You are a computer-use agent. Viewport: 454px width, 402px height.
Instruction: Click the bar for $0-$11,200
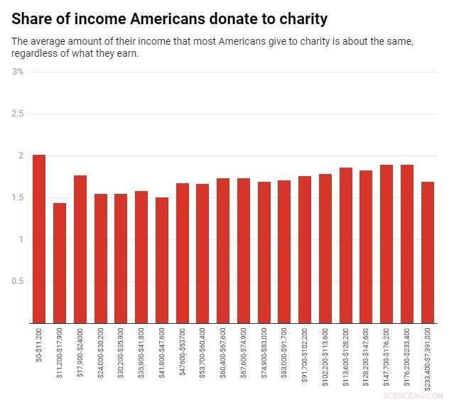[39, 239]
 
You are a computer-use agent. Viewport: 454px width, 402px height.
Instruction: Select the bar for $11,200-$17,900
[60, 263]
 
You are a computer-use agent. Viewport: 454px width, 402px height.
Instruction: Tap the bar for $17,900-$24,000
[80, 249]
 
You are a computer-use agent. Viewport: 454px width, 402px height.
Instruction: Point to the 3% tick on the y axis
[18, 72]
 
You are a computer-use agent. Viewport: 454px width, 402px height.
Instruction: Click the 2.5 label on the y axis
[17, 114]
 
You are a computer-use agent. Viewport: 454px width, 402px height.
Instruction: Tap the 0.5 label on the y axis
[17, 281]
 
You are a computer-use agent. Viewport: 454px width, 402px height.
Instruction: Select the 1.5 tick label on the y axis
[17, 197]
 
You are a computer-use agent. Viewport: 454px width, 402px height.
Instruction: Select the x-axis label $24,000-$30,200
[101, 351]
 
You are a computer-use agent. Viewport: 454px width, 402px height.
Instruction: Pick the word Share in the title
[33, 15]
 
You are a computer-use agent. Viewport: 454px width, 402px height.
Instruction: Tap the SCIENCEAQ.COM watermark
[412, 395]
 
